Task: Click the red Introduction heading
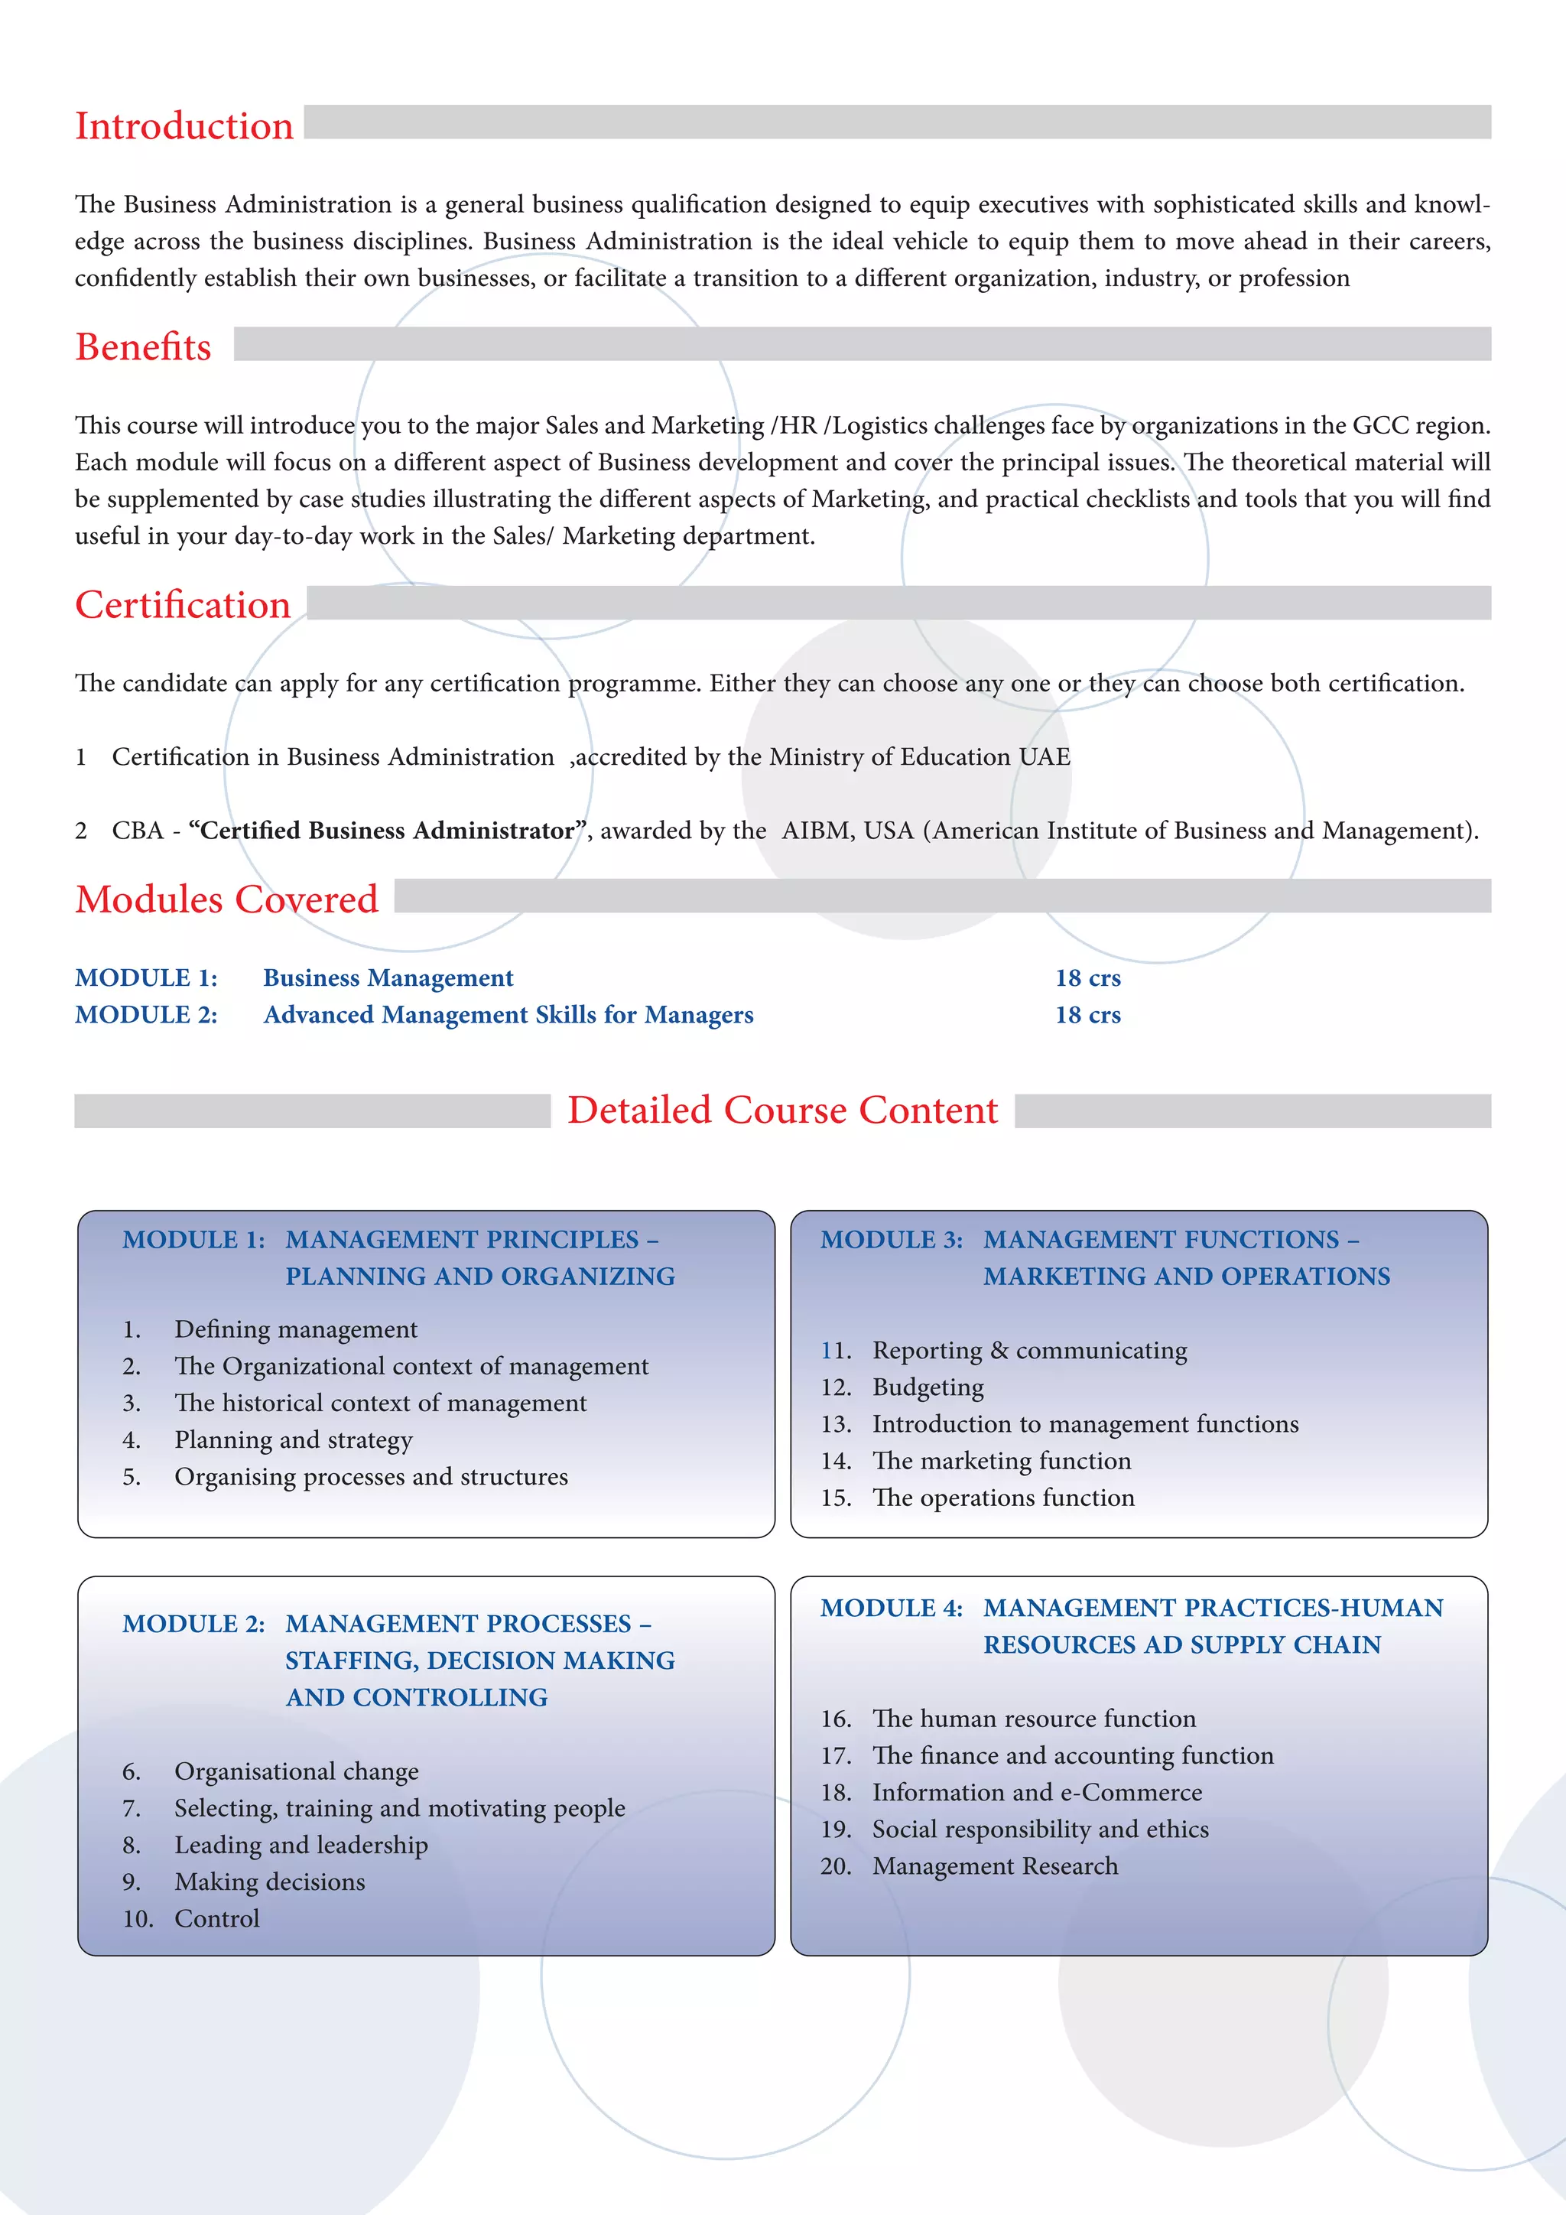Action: (x=184, y=126)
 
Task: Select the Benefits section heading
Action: (x=144, y=347)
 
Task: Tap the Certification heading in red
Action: (x=184, y=605)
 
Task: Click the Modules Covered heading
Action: (x=226, y=899)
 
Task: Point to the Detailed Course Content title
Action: (x=782, y=1111)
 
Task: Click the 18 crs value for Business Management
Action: (x=1088, y=978)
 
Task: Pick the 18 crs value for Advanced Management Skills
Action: (x=1088, y=1015)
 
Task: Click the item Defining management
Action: (x=296, y=1329)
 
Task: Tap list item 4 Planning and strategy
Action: (x=293, y=1439)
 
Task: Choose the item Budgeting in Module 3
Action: (x=928, y=1387)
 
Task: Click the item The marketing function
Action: (x=1001, y=1461)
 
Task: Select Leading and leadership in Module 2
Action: (x=301, y=1845)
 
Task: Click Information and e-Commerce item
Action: (x=1037, y=1793)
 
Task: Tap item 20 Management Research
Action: (x=995, y=1865)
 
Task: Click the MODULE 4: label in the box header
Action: (x=891, y=1608)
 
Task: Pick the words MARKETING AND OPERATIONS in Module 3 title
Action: (x=1186, y=1277)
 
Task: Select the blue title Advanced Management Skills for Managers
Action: (x=508, y=1015)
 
